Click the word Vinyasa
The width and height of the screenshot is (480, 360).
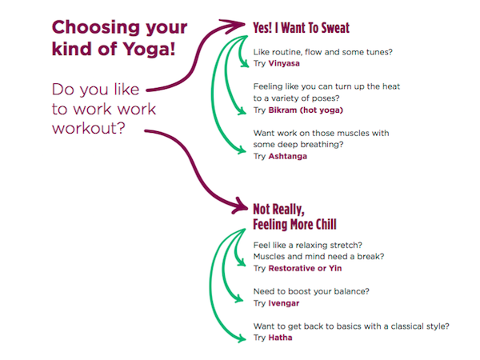pyautogui.click(x=284, y=64)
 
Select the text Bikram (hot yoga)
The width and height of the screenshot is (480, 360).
pyautogui.click(x=306, y=110)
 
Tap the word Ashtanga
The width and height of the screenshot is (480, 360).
pyautogui.click(x=287, y=157)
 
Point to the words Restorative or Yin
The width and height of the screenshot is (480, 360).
pyautogui.click(x=305, y=269)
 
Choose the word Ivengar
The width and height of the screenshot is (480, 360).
pyautogui.click(x=284, y=303)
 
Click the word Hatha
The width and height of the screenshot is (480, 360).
pyautogui.click(x=280, y=338)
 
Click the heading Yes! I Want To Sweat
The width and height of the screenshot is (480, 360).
pyautogui.click(x=302, y=28)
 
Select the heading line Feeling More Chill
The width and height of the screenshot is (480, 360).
pyautogui.click(x=294, y=224)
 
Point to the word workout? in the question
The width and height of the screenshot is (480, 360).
pyautogui.click(x=89, y=128)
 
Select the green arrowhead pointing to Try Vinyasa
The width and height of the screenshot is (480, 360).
pyautogui.click(x=245, y=64)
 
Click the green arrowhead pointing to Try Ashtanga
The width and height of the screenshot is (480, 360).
pyautogui.click(x=242, y=150)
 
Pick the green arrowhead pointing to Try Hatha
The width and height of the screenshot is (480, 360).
pyautogui.click(x=242, y=338)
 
